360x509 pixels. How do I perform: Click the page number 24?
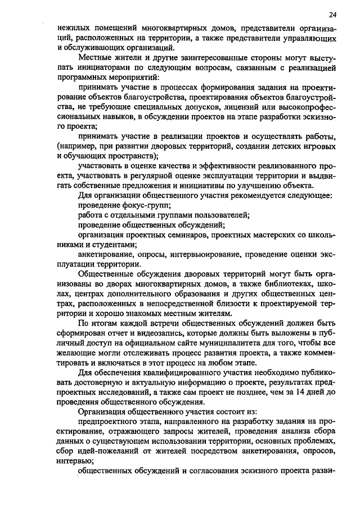tap(333, 15)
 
